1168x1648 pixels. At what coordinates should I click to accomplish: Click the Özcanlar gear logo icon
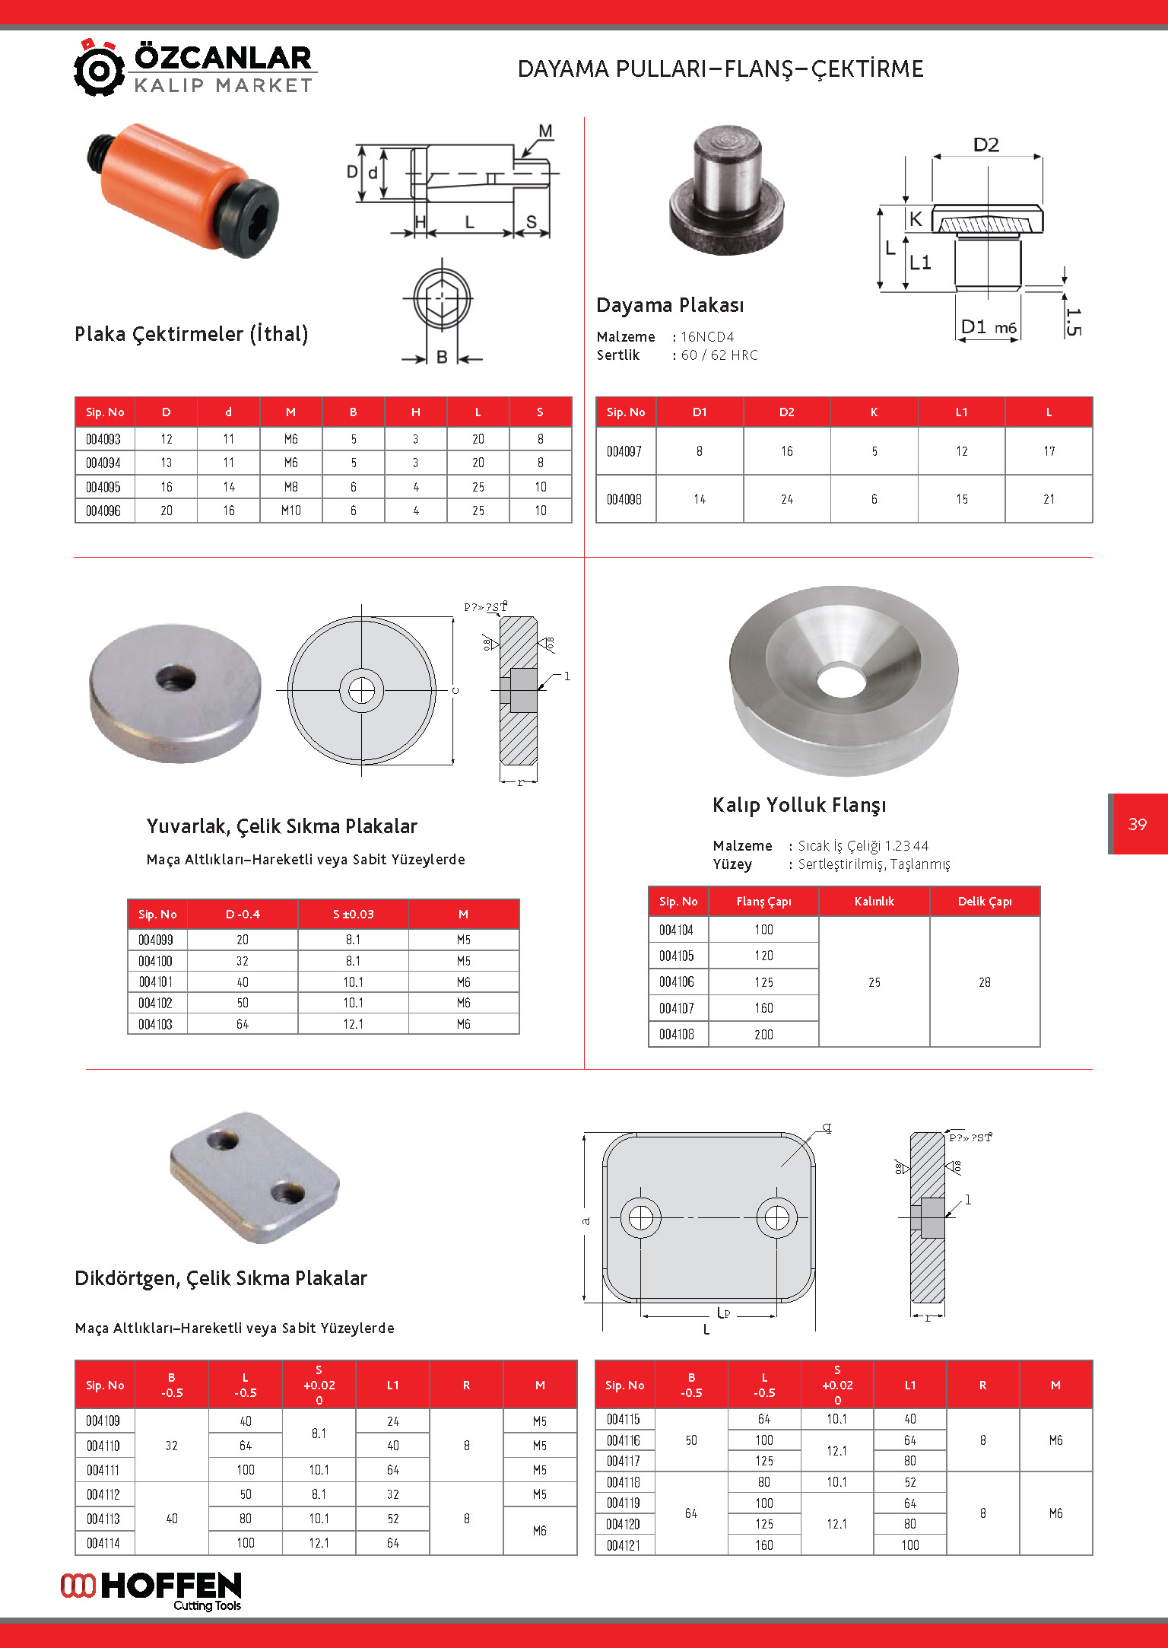click(x=99, y=68)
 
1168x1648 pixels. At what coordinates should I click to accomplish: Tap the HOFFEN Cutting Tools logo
click(x=152, y=1590)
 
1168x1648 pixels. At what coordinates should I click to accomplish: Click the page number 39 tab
click(x=1138, y=824)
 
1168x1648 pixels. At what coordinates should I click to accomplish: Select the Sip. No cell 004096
click(x=103, y=511)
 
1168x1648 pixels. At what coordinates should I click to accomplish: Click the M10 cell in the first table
click(x=290, y=511)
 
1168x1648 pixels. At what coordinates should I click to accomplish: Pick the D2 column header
click(x=786, y=412)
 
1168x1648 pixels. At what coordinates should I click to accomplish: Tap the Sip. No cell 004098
click(x=624, y=499)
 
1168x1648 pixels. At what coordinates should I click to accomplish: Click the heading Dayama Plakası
click(x=670, y=305)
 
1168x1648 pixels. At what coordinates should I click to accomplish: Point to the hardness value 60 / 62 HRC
click(x=719, y=355)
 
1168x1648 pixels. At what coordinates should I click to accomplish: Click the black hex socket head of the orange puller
click(x=252, y=218)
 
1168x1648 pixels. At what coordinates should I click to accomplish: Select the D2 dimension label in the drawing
click(x=986, y=145)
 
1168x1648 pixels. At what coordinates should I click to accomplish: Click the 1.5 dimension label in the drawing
click(x=1072, y=321)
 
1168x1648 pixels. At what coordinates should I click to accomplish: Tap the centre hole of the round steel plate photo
click(x=176, y=676)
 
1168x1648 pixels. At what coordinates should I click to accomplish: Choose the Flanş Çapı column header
click(x=763, y=902)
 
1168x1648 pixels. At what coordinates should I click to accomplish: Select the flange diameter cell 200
click(x=763, y=1035)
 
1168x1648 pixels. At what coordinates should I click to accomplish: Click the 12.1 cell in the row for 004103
click(x=353, y=1024)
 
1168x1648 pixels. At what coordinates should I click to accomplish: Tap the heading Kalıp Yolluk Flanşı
click(x=799, y=805)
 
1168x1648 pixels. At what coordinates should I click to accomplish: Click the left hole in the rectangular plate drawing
click(x=640, y=1217)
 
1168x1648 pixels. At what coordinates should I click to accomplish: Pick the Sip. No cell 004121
click(x=624, y=1545)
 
